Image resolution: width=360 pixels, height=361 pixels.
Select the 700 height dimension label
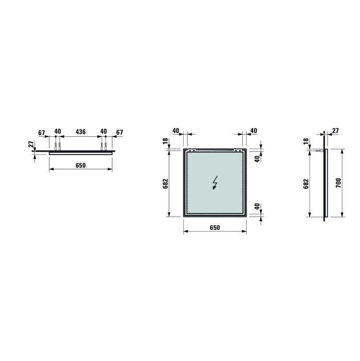pos(338,184)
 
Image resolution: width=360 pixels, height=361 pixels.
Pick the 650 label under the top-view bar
pos(80,166)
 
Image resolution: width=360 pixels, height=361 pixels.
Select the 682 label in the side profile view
pos(306,184)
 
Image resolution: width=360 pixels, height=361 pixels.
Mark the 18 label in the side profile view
pos(306,141)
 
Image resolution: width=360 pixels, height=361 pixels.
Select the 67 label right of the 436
pos(119,132)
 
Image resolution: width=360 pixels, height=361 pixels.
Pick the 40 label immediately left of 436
pos(57,132)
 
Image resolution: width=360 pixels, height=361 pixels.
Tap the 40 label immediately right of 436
pos(103,132)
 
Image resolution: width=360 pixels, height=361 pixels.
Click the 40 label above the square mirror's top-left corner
pos(176,131)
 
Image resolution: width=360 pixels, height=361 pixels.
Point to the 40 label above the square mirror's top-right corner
pos(253,131)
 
